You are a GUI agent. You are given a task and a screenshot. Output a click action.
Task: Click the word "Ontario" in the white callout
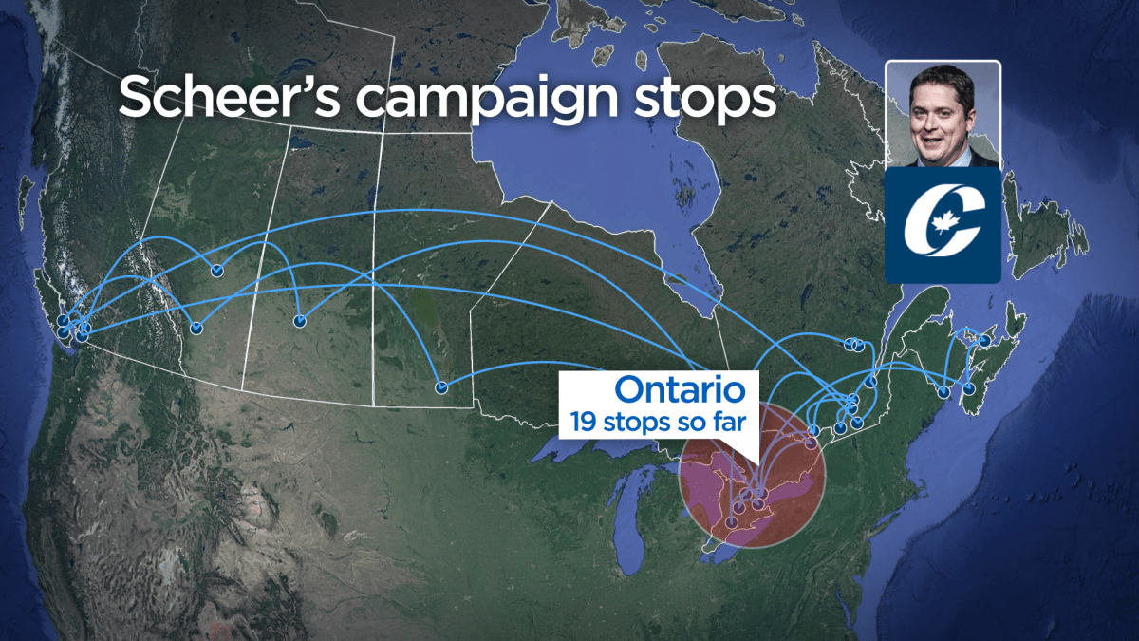686,388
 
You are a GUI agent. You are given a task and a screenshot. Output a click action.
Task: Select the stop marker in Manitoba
441,386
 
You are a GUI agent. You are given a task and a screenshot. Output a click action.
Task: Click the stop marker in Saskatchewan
299,320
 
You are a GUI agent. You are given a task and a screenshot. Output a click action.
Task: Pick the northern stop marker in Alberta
216,271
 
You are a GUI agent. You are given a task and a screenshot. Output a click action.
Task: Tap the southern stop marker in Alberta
196,329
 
